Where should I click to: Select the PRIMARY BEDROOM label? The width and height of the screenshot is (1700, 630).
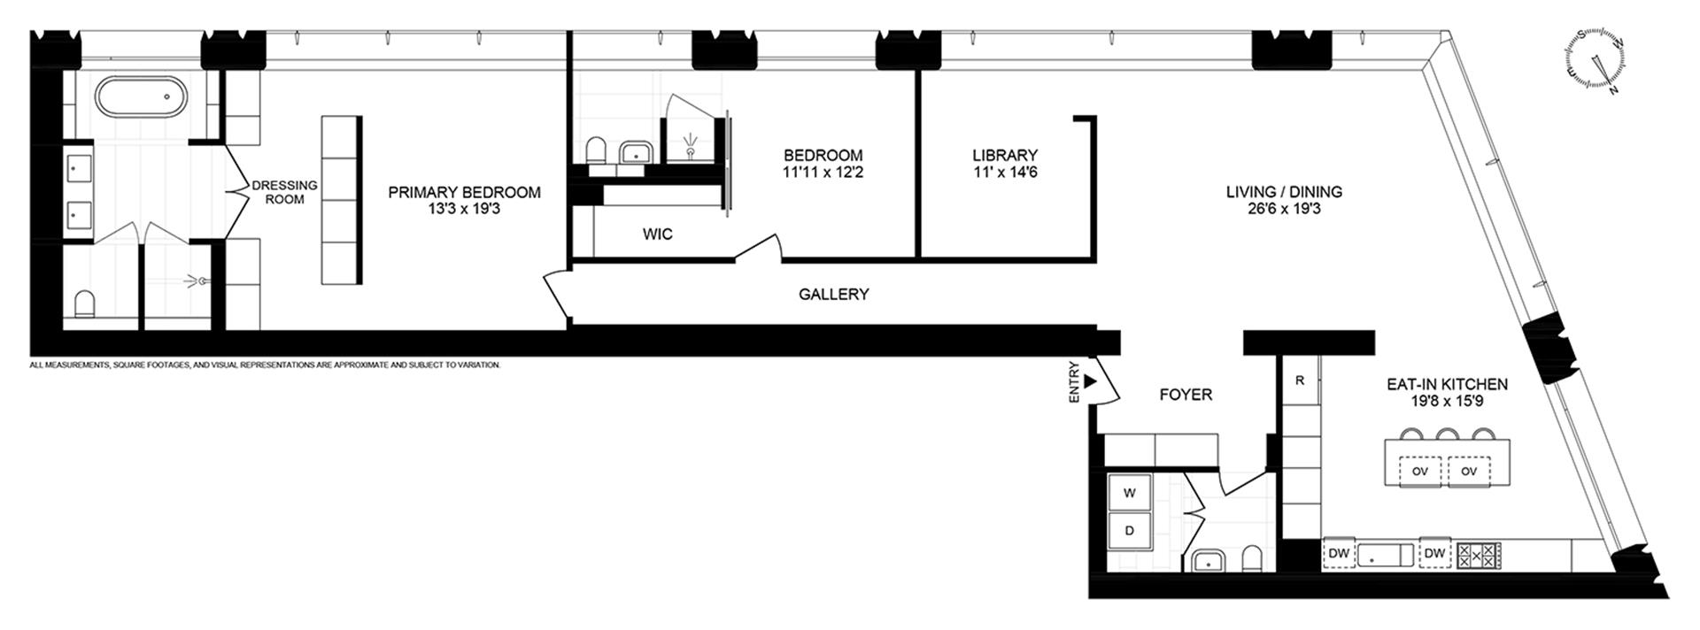464,192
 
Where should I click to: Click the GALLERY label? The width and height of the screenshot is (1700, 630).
833,294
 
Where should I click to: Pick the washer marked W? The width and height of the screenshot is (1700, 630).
1129,493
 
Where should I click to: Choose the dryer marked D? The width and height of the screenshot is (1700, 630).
1129,531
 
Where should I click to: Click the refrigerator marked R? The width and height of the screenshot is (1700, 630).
1300,380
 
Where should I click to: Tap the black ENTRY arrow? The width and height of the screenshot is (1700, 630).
1090,380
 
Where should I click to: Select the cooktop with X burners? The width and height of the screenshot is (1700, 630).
1480,555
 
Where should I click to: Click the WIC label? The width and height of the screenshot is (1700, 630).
657,234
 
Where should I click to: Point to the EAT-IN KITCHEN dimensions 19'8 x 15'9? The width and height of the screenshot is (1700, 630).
1447,401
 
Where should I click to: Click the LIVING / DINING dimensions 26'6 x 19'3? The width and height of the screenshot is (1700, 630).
1284,209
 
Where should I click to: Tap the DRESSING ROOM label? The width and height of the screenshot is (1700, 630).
284,192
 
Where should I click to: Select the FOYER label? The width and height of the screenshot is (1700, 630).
1186,395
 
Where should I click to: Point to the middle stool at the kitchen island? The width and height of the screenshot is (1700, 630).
1448,434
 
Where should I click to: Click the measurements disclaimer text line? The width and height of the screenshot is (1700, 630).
265,365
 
